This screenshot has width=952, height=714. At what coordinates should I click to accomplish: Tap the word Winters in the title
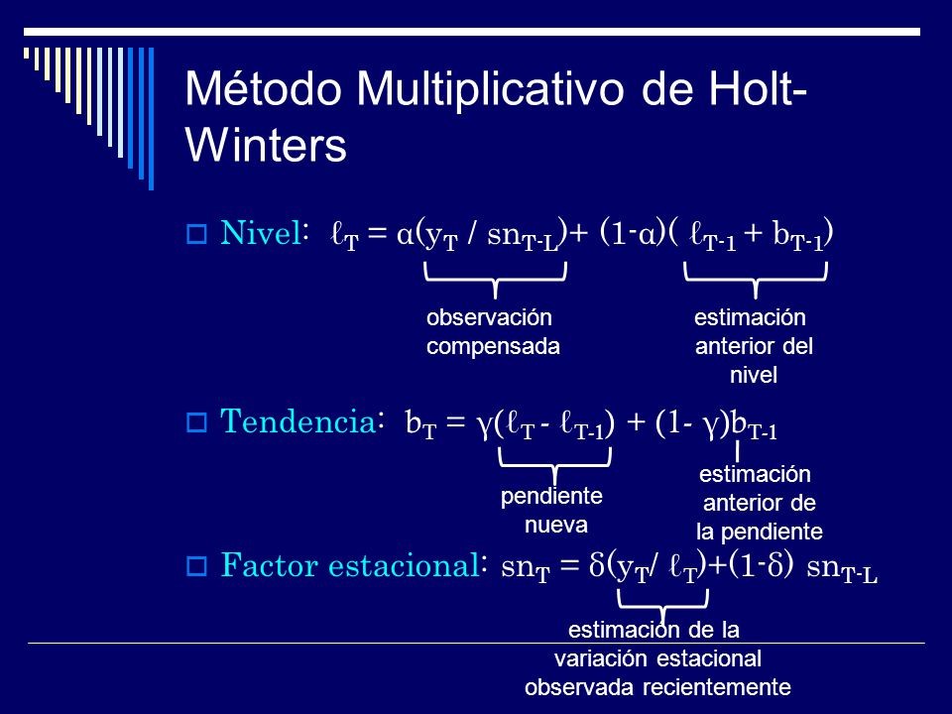coord(266,146)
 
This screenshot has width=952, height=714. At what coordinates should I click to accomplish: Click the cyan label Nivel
coord(260,234)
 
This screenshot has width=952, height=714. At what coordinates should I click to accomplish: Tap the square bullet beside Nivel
coord(195,236)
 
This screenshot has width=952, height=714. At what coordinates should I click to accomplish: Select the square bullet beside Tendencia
coord(195,423)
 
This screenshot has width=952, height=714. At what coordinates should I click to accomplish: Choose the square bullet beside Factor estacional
coord(195,568)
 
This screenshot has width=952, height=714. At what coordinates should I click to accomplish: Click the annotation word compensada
coord(493,346)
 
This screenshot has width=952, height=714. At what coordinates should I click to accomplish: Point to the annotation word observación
coord(488,318)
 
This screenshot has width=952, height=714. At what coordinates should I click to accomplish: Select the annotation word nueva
coord(556,524)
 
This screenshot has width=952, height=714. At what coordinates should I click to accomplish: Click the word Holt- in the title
coord(750,91)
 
